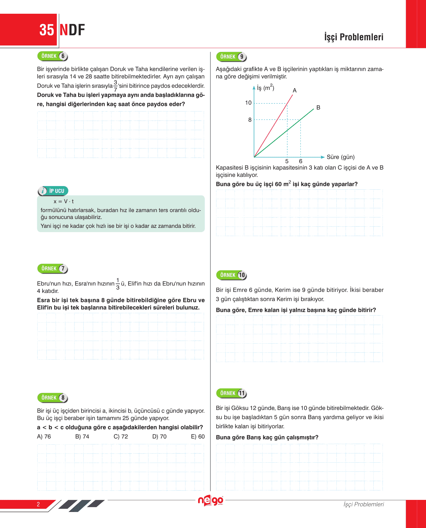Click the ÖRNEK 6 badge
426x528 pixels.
pos(53,56)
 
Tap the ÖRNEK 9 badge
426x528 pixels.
pos(231,57)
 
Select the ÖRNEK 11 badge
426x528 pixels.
pos(231,393)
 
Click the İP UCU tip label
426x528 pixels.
pos(53,191)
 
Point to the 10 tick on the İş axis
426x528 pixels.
pos(248,103)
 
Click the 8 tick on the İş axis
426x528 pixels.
pos(250,120)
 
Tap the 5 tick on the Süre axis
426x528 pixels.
pos(287,161)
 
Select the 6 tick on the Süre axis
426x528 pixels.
pos(300,161)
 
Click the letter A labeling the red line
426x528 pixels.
pos(295,91)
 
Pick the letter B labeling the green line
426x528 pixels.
pos(318,108)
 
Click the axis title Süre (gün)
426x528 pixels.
pos(340,157)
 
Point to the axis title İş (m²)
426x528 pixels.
pos(265,88)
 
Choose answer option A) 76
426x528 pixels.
pos(44,436)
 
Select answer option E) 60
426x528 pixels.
pos(198,436)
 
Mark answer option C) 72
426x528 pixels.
pos(121,436)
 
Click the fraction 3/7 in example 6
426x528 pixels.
pos(115,86)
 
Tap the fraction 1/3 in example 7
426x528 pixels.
pos(118,284)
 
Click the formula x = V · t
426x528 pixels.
pos(64,201)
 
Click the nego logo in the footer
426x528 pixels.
pos(211,501)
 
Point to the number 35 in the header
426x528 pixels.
pos(46,30)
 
